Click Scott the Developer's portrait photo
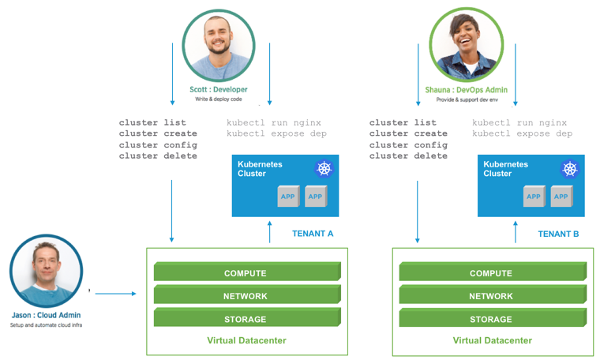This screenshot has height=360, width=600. [x=220, y=42]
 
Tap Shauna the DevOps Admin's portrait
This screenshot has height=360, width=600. [x=467, y=42]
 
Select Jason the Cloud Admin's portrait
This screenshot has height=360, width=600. [x=47, y=271]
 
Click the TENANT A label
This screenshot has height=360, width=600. [x=313, y=234]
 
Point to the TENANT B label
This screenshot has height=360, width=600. [x=558, y=234]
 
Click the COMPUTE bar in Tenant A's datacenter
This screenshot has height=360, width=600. [x=246, y=273]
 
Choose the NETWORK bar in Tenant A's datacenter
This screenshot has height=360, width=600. [x=246, y=296]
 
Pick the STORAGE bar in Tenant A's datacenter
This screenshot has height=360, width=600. [x=246, y=319]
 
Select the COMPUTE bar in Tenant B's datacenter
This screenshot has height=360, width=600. [x=491, y=273]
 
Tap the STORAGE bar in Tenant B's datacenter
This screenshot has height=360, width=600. [x=491, y=319]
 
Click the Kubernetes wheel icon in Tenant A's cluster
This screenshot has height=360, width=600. [x=324, y=169]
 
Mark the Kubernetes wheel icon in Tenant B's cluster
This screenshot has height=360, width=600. [x=570, y=169]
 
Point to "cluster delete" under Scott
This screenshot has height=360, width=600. [x=158, y=156]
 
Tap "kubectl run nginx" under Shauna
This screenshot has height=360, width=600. [x=519, y=123]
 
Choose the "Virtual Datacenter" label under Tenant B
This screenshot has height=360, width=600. [x=492, y=341]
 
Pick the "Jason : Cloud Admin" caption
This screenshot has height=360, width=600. [x=46, y=315]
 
